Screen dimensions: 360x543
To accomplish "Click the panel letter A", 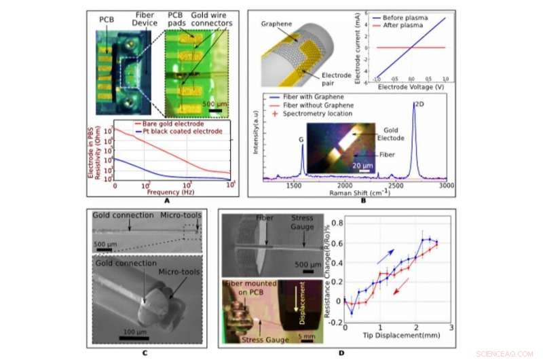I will [166, 200].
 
